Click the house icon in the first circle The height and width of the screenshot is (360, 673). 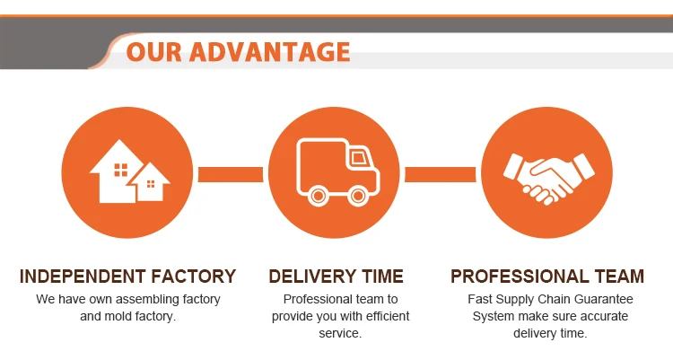129,172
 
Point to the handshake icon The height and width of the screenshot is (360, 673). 548,174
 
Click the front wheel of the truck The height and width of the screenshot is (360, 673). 358,193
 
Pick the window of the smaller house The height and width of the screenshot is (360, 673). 151,184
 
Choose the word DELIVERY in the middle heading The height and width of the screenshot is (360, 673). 311,277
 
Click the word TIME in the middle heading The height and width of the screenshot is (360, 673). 380,277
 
